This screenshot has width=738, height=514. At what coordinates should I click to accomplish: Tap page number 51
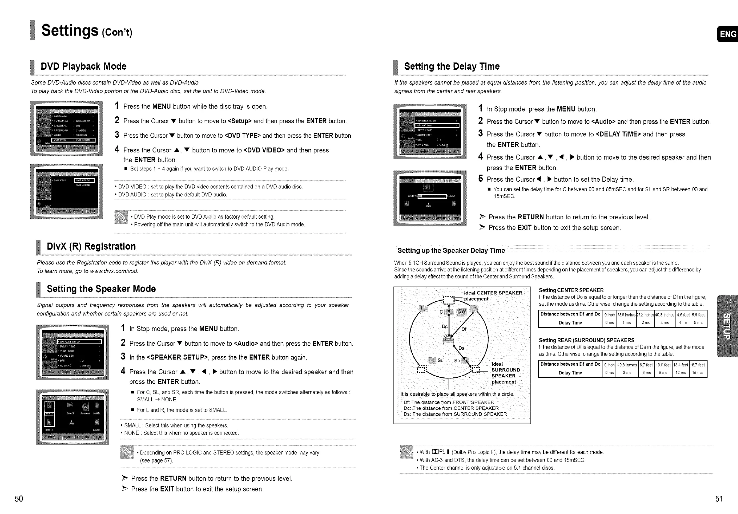pos(719,499)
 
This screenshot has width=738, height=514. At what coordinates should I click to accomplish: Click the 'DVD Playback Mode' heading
pos(83,67)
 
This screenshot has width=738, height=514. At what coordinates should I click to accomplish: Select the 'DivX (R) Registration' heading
pos(91,246)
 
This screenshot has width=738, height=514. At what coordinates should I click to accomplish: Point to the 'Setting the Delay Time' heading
pos(452,67)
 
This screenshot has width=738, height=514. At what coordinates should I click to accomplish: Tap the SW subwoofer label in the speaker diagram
pos(461,312)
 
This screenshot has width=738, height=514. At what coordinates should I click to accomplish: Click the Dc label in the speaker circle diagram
pos(444,326)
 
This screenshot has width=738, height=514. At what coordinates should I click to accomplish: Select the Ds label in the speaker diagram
pos(461,348)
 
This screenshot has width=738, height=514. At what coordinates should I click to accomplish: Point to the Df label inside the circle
pos(464,329)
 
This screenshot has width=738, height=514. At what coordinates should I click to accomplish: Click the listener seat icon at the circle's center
pos(448,340)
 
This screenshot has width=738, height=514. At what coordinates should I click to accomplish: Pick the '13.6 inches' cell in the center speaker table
pos(626,315)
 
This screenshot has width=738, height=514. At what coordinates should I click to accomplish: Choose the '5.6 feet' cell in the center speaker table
pos(699,315)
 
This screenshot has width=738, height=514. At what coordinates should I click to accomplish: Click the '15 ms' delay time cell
pos(699,373)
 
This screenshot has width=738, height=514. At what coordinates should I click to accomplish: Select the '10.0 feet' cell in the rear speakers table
pos(663,365)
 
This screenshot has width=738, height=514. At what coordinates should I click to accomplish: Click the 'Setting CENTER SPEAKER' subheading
pos(571,290)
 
